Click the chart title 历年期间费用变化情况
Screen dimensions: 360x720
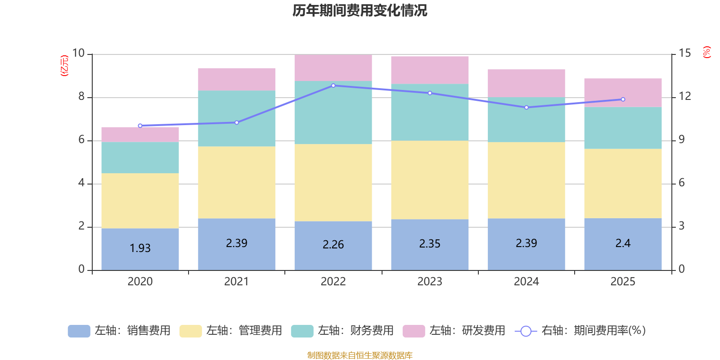tap(360, 10)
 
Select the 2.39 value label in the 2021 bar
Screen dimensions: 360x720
tap(237, 243)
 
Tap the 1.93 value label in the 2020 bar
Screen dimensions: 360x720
tap(140, 248)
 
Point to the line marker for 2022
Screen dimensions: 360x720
tap(333, 85)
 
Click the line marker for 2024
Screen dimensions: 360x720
tap(526, 108)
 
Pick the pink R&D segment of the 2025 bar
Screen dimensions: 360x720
tap(623, 93)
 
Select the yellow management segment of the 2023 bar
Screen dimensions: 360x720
tap(430, 180)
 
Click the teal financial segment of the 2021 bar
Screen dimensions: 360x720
tap(237, 118)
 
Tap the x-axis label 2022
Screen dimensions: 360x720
tap(333, 282)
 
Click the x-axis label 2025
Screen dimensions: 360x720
tap(623, 282)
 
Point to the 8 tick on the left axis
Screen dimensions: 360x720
tap(81, 96)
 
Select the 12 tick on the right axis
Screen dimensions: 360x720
tap(685, 96)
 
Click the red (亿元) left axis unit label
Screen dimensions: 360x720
tap(64, 66)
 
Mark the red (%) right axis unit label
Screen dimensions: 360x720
tap(707, 52)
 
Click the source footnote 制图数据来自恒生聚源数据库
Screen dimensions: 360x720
tap(360, 355)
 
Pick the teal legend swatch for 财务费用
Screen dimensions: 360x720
tap(302, 331)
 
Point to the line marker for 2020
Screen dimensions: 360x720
tap(140, 126)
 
